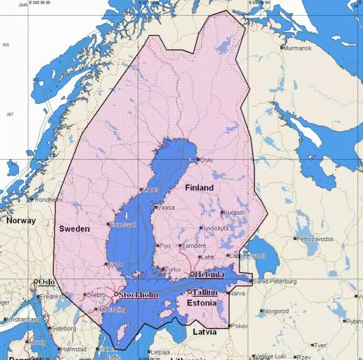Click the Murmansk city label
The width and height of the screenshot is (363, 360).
pyautogui.click(x=297, y=48)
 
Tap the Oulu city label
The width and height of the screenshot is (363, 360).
pyautogui.click(x=207, y=160)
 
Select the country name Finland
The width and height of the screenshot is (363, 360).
pyautogui.click(x=199, y=188)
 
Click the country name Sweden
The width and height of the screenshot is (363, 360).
pyautogui.click(x=74, y=229)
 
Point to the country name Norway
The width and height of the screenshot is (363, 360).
pyautogui.click(x=21, y=221)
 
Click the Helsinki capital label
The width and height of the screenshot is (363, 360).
pyautogui.click(x=210, y=274)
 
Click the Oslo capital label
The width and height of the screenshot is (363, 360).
pyautogui.click(x=46, y=282)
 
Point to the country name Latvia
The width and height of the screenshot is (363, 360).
pyautogui.click(x=204, y=332)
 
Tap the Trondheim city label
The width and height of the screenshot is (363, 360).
pyautogui.click(x=48, y=200)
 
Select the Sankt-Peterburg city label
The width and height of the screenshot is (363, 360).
pyautogui.click(x=275, y=282)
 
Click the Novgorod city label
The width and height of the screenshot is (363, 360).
pyautogui.click(x=275, y=311)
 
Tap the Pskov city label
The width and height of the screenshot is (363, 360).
pyautogui.click(x=239, y=326)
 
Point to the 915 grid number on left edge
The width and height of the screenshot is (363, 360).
pyautogui.click(x=6, y=45)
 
